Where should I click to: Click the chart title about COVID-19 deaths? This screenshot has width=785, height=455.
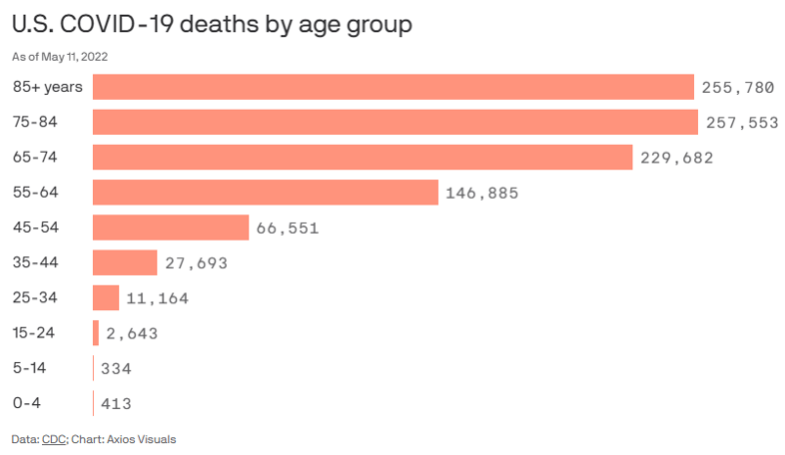pos(212,25)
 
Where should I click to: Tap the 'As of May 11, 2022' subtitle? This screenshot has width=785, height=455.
pos(60,56)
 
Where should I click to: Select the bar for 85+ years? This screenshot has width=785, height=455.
pos(393,87)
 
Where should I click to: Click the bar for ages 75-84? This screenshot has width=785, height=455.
pos(395,122)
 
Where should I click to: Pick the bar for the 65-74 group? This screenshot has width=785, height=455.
pos(363,158)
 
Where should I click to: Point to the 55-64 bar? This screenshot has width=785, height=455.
pos(266,193)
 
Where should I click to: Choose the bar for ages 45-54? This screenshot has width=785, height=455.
pos(171,227)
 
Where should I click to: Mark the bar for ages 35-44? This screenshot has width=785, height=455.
pos(125,262)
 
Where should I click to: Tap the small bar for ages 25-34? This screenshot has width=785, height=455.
pos(106,297)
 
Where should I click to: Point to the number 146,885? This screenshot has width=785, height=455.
pos(482,193)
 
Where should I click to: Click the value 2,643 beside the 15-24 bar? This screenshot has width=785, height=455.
pos(132,333)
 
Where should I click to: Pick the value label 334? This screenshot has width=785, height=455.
pos(116,368)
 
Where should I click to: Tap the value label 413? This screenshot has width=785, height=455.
pos(116,404)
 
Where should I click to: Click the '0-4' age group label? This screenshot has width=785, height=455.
pos(27,403)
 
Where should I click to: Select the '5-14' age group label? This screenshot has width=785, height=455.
pos(30,368)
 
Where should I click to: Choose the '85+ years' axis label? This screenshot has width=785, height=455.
pos(47,87)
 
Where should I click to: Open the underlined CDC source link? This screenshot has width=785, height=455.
pos(53,439)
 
